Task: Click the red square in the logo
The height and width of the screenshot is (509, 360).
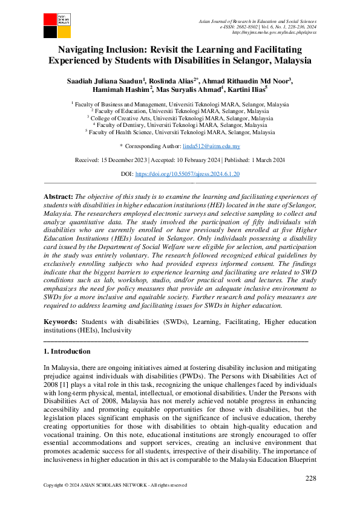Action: click(49, 18)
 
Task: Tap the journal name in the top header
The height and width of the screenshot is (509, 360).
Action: click(257, 22)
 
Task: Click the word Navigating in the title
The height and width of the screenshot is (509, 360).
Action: click(87, 50)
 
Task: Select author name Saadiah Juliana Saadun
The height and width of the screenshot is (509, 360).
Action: click(105, 80)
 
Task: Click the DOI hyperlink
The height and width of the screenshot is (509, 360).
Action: click(188, 173)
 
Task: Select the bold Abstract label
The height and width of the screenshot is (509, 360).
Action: click(59, 197)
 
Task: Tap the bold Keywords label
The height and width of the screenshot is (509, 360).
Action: click(61, 323)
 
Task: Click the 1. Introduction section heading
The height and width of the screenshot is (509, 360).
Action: click(67, 351)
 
